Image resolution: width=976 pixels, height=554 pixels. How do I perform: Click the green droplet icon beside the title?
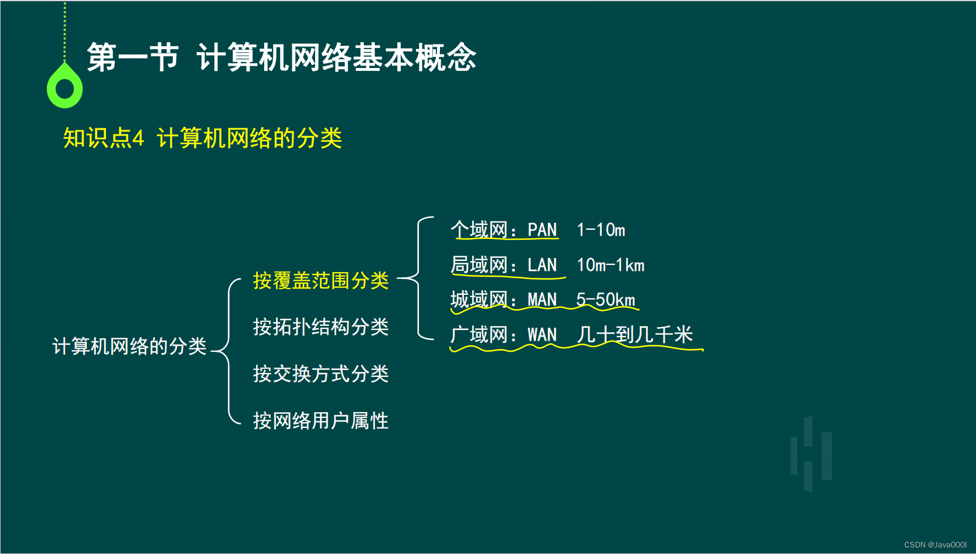(64, 87)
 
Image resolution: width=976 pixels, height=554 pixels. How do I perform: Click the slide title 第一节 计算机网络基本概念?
(281, 57)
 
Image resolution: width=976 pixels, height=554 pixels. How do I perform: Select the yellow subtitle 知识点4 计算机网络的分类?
(202, 138)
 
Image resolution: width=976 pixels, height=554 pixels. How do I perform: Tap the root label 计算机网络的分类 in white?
(129, 346)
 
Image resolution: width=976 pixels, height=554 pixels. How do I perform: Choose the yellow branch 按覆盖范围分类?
(320, 280)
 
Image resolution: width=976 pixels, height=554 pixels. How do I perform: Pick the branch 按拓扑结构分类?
(320, 327)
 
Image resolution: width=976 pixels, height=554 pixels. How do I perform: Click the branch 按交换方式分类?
(320, 373)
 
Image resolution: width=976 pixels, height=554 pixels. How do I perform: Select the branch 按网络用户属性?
(320, 420)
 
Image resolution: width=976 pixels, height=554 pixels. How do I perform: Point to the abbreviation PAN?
(542, 230)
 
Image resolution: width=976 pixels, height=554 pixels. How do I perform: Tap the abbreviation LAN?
(542, 265)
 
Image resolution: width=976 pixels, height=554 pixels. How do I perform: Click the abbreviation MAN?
(542, 300)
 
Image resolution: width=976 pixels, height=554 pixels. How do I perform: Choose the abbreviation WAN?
(542, 335)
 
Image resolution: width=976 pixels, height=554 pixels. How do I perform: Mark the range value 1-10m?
(600, 230)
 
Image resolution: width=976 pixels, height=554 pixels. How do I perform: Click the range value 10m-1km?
(610, 265)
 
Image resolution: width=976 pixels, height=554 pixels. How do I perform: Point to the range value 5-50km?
(605, 300)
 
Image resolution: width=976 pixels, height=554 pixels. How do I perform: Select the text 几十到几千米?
(634, 335)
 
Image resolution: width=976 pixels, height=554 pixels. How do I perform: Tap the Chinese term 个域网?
(479, 230)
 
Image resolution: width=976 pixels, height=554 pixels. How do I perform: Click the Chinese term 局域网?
(479, 265)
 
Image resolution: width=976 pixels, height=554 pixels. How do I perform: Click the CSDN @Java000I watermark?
(935, 545)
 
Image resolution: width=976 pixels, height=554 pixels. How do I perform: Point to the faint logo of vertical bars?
(811, 453)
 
